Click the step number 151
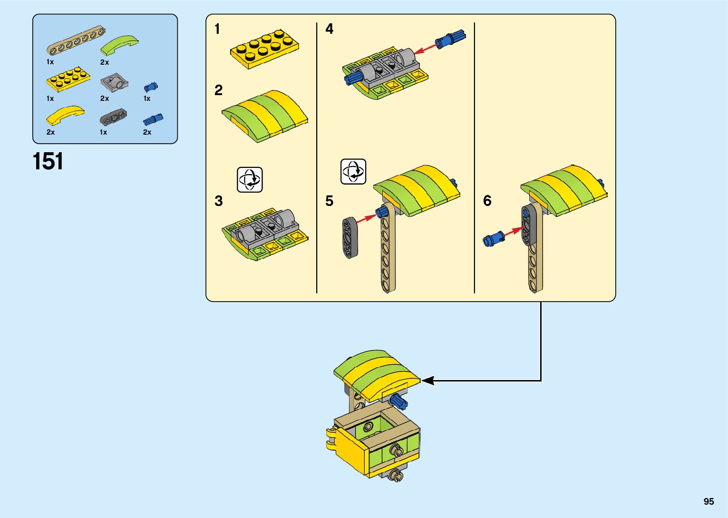tap(48, 162)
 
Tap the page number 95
tap(709, 501)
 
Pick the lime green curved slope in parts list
tap(119, 46)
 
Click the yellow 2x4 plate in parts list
tap(68, 79)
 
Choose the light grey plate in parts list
tap(114, 83)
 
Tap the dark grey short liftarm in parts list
tap(113, 116)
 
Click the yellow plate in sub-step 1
tap(265, 48)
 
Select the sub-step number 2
tap(218, 90)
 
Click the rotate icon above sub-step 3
tap(250, 179)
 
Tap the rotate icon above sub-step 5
tap(353, 172)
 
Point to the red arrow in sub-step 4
tap(424, 49)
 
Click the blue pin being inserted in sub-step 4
tap(451, 39)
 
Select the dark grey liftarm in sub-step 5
tap(349, 238)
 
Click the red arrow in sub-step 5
tap(366, 218)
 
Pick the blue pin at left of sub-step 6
tap(494, 238)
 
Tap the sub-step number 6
tap(487, 201)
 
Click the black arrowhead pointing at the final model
tap(428, 381)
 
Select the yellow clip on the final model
tap(332, 438)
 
